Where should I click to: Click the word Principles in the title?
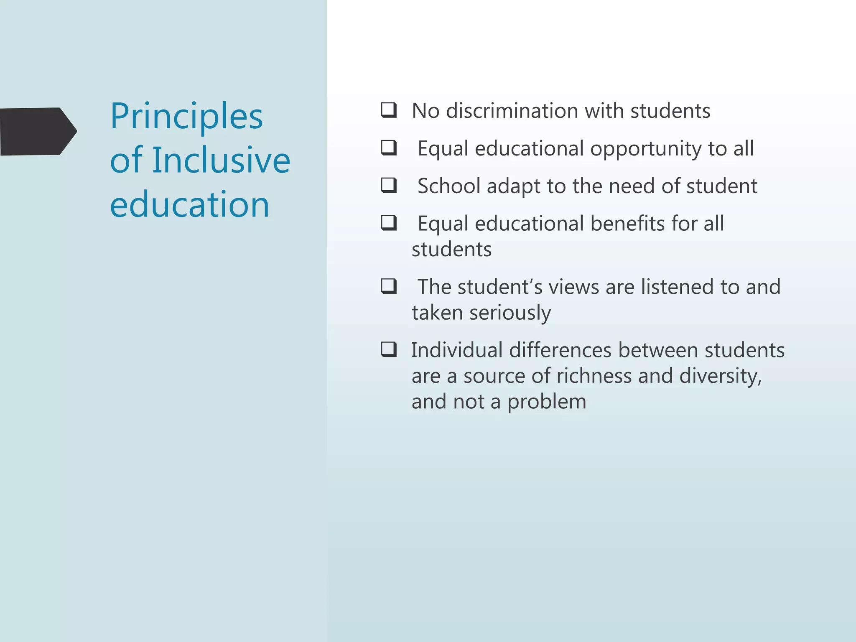tap(186, 117)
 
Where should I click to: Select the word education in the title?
tap(189, 204)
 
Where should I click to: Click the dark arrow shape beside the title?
tap(38, 131)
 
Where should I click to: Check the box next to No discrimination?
tap(389, 110)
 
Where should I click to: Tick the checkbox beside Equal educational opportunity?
tap(389, 148)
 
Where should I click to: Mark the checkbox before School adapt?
tap(389, 185)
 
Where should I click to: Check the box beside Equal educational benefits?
tap(389, 223)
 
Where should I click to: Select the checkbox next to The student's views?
tap(389, 286)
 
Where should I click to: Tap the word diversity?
tap(720, 377)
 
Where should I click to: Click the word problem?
tap(547, 403)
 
